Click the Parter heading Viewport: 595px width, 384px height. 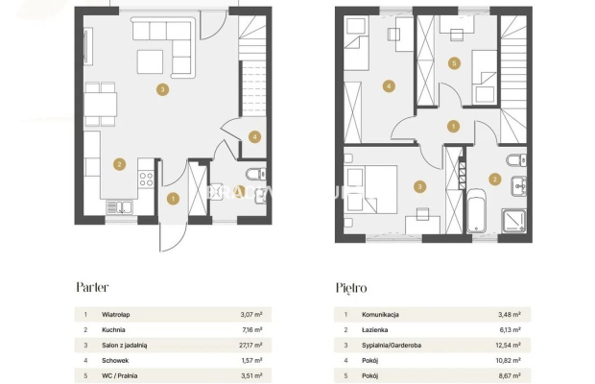[92, 287]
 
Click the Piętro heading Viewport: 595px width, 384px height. [351, 288]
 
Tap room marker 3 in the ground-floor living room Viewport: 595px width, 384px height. [162, 90]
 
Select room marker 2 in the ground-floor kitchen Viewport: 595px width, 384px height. [120, 164]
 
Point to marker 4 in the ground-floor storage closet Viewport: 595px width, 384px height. [254, 137]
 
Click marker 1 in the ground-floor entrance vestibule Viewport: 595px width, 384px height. [173, 199]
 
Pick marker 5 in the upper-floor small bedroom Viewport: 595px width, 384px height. [454, 63]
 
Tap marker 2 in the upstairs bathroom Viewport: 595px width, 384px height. [494, 180]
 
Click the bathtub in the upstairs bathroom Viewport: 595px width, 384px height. [477, 210]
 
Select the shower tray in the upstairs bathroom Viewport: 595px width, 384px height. [514, 221]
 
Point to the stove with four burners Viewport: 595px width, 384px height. [146, 179]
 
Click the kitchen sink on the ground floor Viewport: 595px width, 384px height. [120, 207]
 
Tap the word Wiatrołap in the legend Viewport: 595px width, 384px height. [116, 315]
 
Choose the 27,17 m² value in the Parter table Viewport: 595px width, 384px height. [251, 345]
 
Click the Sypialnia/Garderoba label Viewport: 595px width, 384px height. [392, 346]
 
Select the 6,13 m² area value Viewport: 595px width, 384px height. [510, 329]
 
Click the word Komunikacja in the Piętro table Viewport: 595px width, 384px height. [380, 315]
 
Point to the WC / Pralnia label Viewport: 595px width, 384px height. [120, 375]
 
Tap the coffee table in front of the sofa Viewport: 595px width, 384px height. [151, 61]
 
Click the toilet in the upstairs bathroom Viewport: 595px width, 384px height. [516, 160]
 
